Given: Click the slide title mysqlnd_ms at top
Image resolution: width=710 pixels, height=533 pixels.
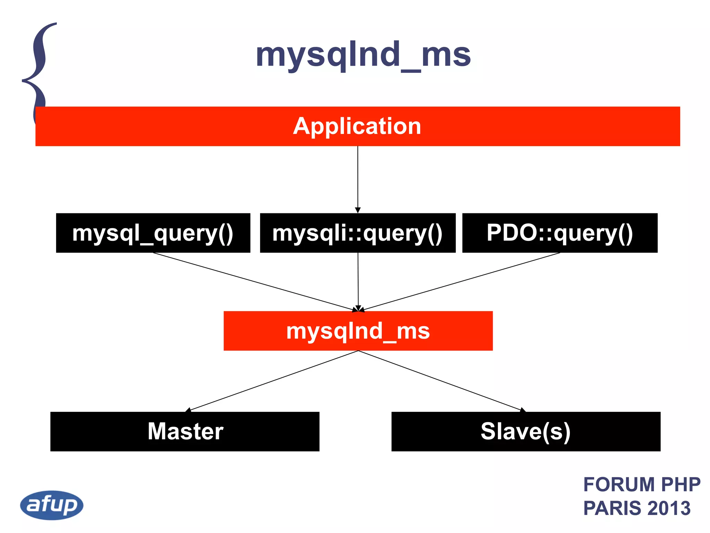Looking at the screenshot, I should (x=363, y=55).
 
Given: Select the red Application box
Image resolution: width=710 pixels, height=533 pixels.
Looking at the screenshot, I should (x=357, y=126).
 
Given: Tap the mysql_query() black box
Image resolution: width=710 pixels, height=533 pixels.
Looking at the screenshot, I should (x=153, y=233).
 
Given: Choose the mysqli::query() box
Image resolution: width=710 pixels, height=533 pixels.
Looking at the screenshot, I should (x=357, y=233).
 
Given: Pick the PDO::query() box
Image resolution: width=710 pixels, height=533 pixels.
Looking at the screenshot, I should (x=560, y=233).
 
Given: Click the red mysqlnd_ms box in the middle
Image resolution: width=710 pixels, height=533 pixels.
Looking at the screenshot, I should (x=358, y=331).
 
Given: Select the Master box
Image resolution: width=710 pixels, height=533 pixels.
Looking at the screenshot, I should (x=185, y=431).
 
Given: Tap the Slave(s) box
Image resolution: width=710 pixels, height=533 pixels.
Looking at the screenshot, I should (x=526, y=431).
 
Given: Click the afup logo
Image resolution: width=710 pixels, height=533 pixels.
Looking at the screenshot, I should (x=52, y=505).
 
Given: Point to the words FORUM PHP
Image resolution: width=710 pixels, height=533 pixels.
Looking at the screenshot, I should (x=642, y=484).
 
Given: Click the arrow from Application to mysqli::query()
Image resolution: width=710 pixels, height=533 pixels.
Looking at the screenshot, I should (x=358, y=177).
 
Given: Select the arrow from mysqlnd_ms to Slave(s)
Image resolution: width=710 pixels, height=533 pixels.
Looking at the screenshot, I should (x=440, y=381).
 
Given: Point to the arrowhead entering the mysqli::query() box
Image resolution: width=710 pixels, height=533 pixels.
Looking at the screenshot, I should (x=358, y=210).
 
